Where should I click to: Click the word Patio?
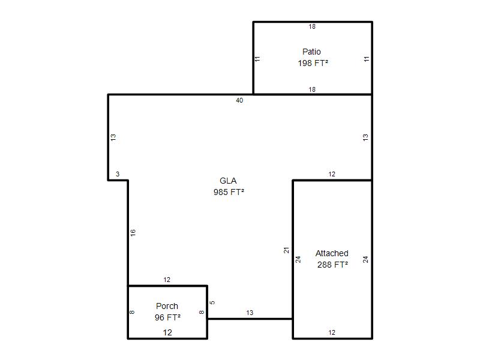311,52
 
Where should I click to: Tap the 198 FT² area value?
313,63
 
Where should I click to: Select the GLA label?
228,181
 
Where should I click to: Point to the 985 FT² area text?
229,192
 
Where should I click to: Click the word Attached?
332,253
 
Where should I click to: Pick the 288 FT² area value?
332,265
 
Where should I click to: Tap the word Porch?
167,306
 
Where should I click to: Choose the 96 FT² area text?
167,317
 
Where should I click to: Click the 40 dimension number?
239,100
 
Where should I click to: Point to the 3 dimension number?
118,174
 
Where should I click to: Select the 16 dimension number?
133,233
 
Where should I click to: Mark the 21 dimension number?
286,250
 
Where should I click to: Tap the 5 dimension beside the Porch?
212,302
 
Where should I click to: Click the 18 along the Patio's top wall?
312,26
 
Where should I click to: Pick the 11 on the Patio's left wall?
257,58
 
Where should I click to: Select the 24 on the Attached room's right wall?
365,260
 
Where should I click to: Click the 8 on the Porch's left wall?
132,312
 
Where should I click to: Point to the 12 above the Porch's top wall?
167,280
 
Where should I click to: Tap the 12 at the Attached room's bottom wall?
332,332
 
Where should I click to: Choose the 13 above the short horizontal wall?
250,313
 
